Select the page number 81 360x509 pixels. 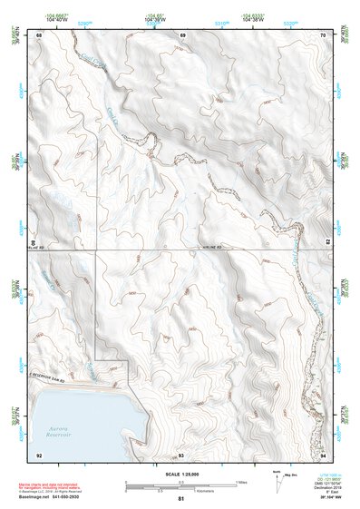coord(181,499)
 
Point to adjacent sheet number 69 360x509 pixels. coord(181,34)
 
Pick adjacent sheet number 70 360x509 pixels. coord(324,34)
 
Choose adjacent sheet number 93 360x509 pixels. coord(181,454)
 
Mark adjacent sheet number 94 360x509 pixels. coord(324,454)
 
